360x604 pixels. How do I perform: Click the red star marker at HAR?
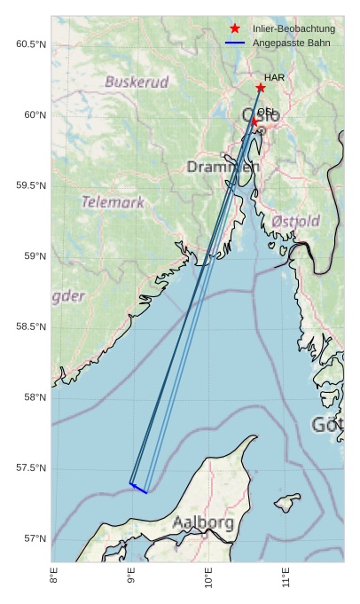261,88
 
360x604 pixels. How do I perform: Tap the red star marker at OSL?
254,122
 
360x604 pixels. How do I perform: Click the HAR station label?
274,78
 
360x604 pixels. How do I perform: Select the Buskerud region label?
137,82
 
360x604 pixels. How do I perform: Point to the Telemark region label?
113,202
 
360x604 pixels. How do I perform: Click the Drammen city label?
223,167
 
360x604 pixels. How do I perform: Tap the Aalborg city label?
204,522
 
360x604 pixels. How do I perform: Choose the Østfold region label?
295,220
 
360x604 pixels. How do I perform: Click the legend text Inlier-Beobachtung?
293,28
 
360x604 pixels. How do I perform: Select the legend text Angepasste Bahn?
291,43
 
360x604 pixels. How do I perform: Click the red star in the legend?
235,28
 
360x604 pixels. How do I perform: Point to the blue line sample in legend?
235,43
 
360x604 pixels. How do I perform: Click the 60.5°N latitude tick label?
31,44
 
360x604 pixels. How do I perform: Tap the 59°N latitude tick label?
35,256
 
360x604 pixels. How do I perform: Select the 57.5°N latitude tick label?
31,468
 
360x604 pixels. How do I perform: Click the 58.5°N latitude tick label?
31,327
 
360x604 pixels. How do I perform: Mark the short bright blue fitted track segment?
138,488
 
